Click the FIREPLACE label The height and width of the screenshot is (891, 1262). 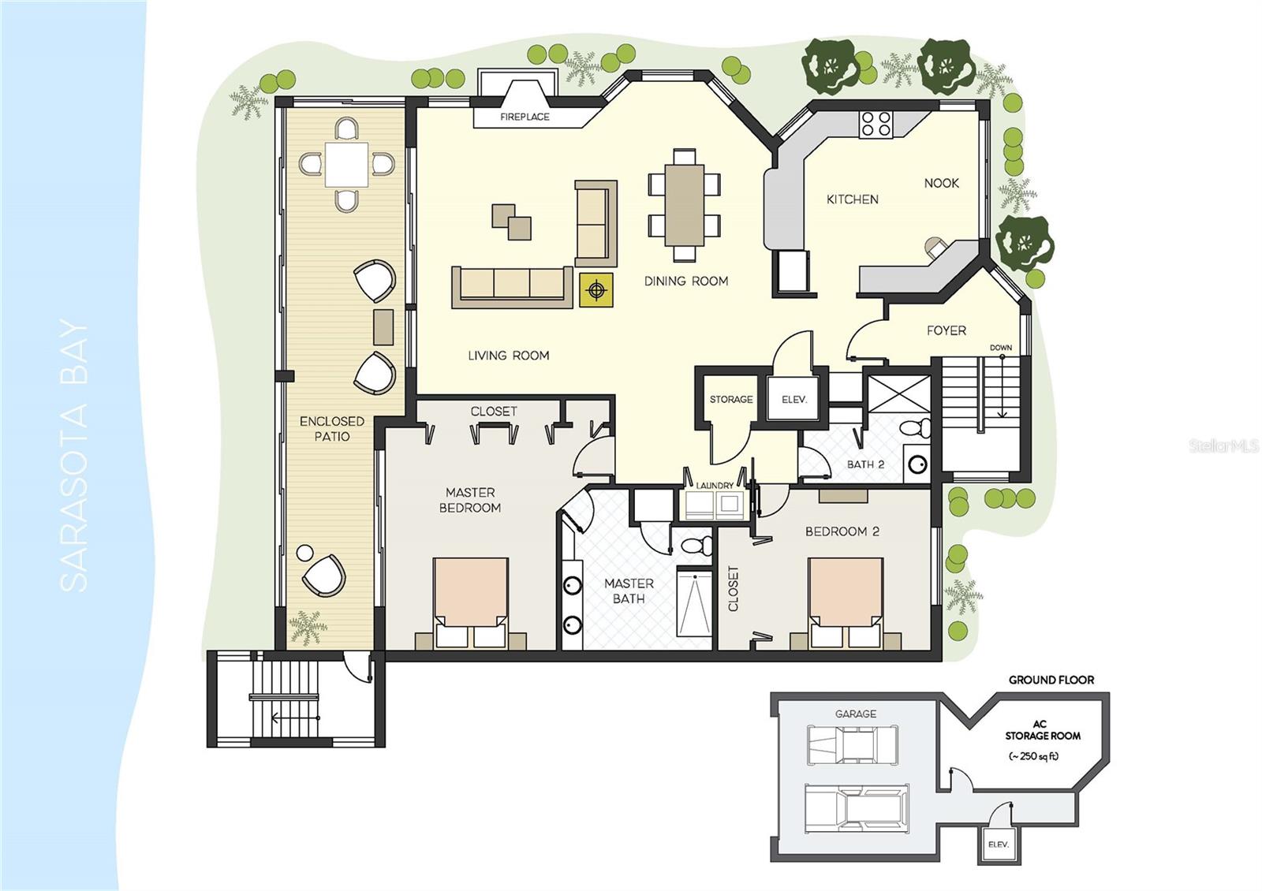pyautogui.click(x=525, y=117)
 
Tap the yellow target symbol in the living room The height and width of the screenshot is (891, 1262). pyautogui.click(x=597, y=291)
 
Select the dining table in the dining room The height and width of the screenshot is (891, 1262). pyautogui.click(x=684, y=205)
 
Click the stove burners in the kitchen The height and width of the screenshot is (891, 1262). pyautogui.click(x=876, y=125)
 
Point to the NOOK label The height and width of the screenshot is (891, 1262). pyautogui.click(x=941, y=183)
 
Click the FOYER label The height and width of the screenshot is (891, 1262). pyautogui.click(x=946, y=330)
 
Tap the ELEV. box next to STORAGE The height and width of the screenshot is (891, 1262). pyautogui.click(x=794, y=400)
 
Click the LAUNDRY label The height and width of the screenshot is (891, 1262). pyautogui.click(x=715, y=486)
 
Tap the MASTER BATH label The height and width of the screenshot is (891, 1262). pyautogui.click(x=629, y=591)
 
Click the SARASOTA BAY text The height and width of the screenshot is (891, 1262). pyautogui.click(x=75, y=455)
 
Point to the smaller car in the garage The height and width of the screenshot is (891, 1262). pyautogui.click(x=853, y=745)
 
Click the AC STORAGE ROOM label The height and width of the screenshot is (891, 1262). pyautogui.click(x=1042, y=730)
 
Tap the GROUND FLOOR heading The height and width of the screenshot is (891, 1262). pyautogui.click(x=1051, y=680)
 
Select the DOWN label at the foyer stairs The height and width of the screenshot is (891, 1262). pyautogui.click(x=1000, y=348)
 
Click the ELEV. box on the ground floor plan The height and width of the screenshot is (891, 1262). pyautogui.click(x=998, y=844)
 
